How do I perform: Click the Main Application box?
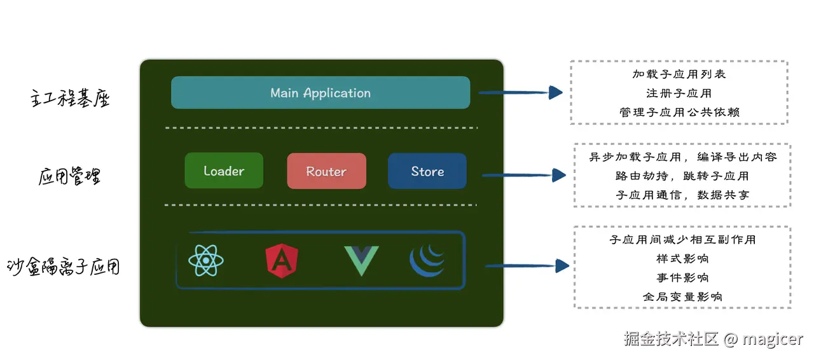(321, 93)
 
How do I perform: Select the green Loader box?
(224, 170)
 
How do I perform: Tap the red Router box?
(326, 171)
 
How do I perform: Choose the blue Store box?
(427, 171)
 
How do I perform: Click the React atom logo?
(206, 261)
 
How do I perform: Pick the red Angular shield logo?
(282, 261)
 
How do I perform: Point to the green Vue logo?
(361, 260)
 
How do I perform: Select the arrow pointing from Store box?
(524, 175)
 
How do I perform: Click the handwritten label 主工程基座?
(71, 99)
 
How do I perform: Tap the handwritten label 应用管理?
(70, 176)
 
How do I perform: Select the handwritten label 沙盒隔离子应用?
(64, 267)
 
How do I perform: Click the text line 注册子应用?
(679, 93)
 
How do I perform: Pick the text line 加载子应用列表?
(679, 74)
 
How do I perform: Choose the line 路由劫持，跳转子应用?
(682, 176)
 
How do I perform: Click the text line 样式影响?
(682, 259)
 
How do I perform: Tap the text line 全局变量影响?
(682, 296)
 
